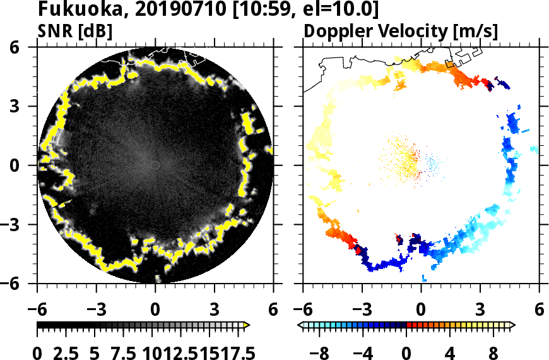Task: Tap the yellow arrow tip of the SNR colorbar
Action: pos(247,325)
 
